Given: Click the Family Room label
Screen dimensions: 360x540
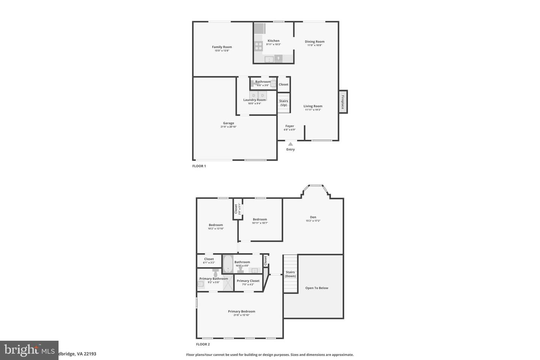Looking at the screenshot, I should point(222,47).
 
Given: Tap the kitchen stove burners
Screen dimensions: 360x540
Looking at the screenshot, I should point(259,46).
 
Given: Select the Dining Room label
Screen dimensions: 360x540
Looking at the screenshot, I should point(315,42).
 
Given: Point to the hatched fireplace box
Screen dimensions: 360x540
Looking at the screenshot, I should point(343,101).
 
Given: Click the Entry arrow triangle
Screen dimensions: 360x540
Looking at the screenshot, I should point(290,144).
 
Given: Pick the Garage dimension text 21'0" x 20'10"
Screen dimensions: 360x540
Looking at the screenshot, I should point(228,127).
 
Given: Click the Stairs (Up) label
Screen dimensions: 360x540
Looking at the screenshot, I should point(283,103).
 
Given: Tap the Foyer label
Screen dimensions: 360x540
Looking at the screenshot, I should point(289,126).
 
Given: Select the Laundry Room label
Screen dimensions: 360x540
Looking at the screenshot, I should point(255,100).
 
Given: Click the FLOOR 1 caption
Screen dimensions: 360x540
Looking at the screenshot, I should point(199,166).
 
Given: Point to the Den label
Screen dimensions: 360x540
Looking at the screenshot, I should point(313,217).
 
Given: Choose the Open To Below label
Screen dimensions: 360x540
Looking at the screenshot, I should point(317,288).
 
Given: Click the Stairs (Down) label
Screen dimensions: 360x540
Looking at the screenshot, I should point(290,274).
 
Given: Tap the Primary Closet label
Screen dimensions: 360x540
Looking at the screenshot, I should point(248,281).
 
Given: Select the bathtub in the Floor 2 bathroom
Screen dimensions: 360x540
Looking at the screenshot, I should point(228,264).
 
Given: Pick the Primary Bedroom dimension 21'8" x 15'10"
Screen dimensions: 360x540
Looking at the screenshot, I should point(241,315).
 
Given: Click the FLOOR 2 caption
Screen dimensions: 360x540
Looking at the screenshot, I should point(203,344).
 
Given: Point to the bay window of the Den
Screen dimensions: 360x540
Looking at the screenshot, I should point(316,185).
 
